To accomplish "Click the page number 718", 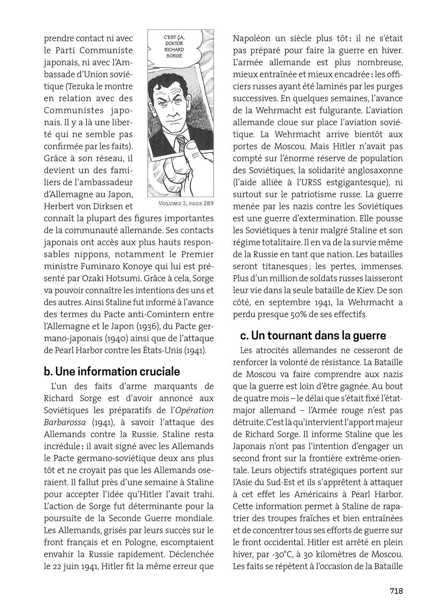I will tap(396, 591).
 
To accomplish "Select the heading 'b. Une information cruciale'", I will tap(112, 371).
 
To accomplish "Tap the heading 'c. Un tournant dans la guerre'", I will tap(313, 335).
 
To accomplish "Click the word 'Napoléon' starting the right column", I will tap(250, 38).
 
